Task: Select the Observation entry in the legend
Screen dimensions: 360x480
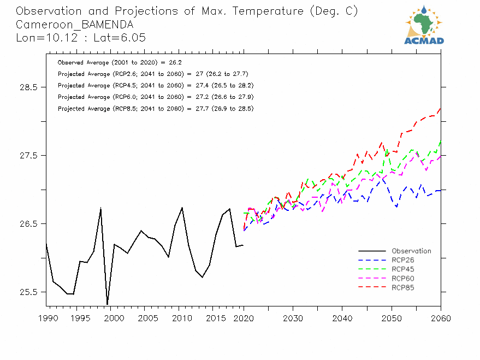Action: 411,251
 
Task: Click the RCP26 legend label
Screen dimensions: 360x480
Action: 403,260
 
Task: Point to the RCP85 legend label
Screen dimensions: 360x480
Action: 403,287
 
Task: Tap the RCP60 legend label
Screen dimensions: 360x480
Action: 403,279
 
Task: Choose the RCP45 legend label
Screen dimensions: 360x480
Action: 403,269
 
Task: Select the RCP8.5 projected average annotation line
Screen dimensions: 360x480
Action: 155,109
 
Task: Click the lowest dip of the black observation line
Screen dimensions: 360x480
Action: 107,304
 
